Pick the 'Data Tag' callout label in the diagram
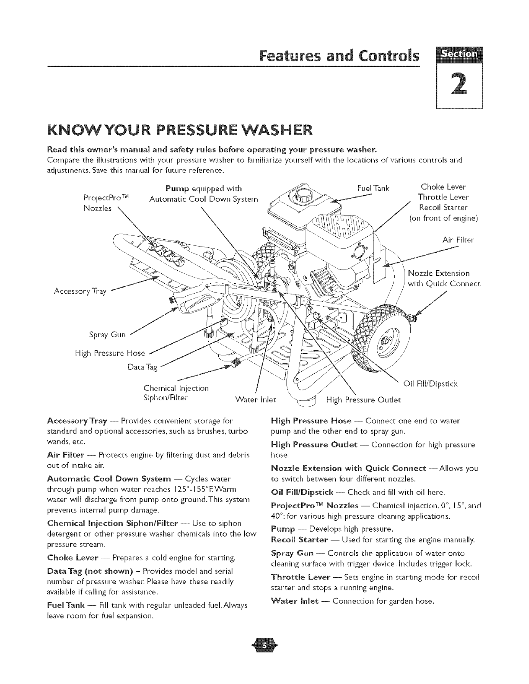(x=142, y=367)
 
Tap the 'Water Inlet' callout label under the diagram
(x=255, y=399)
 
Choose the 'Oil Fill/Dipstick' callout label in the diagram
(x=430, y=383)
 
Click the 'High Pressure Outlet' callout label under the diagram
(x=363, y=399)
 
